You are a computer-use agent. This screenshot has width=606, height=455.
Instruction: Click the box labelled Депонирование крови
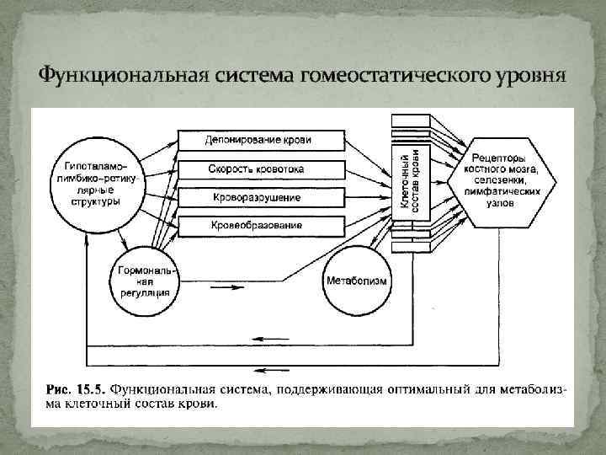click(261, 140)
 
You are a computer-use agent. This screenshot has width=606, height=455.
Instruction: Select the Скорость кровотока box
click(261, 169)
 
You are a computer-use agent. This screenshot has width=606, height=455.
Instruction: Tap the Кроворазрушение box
click(261, 198)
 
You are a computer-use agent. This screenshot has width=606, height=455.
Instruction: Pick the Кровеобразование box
click(261, 226)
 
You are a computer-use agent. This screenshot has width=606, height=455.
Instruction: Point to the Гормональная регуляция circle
click(145, 279)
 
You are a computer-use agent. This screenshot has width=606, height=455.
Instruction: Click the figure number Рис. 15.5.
click(74, 390)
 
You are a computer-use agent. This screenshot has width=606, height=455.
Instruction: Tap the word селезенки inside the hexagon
click(512, 181)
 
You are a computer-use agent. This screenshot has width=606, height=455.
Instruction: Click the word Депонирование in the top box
click(239, 140)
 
